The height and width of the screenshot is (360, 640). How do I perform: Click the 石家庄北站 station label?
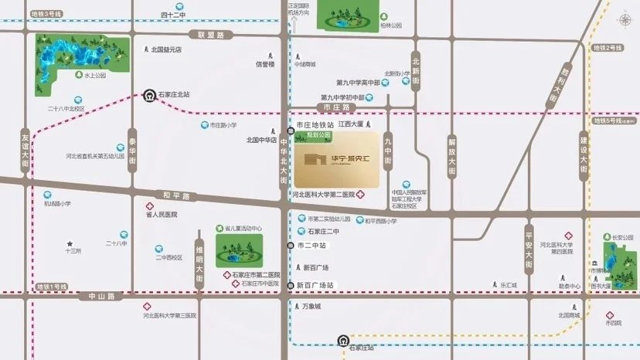tap(174, 95)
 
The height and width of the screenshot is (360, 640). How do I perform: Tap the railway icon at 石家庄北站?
tap(148, 96)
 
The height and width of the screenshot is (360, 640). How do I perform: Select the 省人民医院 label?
tap(162, 214)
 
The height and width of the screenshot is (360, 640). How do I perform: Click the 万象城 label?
tap(311, 306)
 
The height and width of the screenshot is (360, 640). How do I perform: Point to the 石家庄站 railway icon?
tap(343, 339)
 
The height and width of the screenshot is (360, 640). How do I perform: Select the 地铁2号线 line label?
tap(608, 48)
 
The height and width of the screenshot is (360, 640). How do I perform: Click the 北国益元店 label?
tap(166, 49)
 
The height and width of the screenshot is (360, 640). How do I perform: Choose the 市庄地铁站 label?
tap(315, 124)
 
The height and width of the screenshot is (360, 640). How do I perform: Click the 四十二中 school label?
tap(174, 15)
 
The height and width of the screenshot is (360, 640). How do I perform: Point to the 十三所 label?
tap(73, 250)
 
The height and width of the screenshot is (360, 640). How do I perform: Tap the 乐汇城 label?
tap(507, 285)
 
